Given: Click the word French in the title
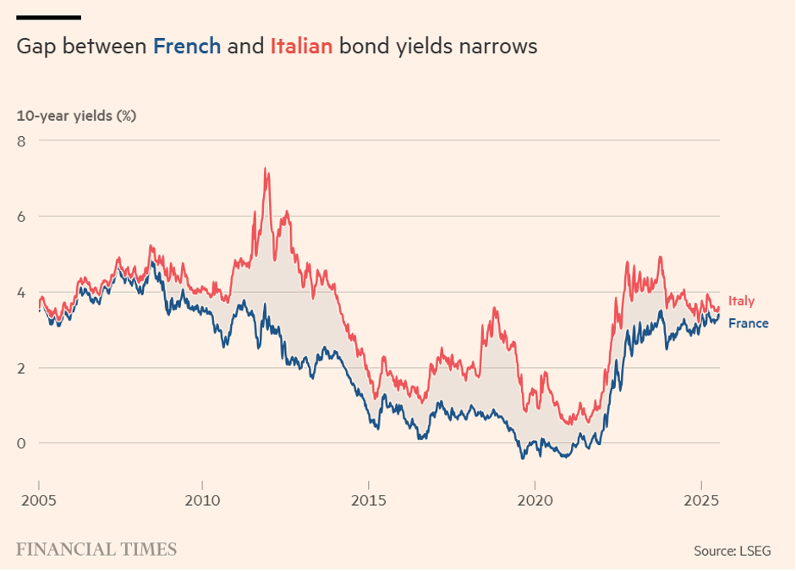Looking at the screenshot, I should pos(186,46).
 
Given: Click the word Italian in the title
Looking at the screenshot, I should pos(300,46).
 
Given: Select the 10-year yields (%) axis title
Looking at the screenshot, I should pos(76,116).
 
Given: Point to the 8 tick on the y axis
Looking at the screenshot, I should pos(22,140).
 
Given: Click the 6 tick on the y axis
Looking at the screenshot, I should pos(22,216).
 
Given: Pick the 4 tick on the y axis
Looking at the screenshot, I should pos(22,292).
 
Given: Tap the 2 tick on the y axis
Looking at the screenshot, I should pos(22,367).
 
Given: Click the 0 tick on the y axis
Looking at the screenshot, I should pos(22,442).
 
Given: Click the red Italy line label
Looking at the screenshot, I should pos(741,301).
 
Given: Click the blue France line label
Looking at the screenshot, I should pos(748,323).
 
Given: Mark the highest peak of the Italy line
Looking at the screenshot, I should pos(266,169).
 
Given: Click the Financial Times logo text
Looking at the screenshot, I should pos(96,549).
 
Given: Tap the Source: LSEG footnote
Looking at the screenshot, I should pos(733,551).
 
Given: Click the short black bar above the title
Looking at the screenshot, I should pos(48,17).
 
